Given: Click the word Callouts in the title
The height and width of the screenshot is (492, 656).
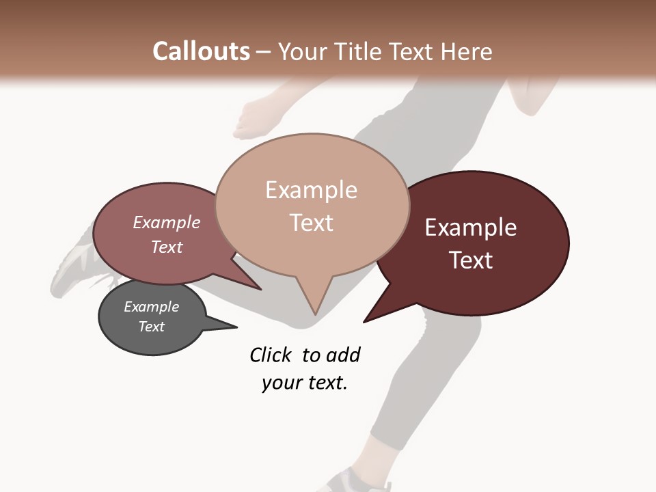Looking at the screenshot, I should click(201, 51).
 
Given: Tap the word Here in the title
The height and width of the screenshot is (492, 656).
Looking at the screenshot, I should click(467, 52).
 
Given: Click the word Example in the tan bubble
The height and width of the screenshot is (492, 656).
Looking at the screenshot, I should click(311, 190).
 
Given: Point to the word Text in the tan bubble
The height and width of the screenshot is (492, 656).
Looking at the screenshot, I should click(312, 223).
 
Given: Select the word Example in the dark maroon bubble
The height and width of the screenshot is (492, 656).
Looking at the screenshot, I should click(471, 228).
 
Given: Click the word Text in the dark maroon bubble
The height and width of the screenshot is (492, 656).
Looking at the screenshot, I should click(471, 260).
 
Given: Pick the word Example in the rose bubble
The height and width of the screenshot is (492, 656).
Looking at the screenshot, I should click(166, 223).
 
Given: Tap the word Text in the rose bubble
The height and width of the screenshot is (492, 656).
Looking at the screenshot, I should click(167, 247).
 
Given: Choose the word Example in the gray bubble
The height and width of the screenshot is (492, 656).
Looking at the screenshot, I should click(151, 307).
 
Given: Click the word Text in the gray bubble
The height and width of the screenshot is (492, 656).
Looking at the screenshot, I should click(152, 327).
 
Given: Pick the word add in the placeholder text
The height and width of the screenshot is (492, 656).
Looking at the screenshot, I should click(343, 355).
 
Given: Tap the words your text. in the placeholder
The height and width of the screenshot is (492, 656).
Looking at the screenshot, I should click(305, 383).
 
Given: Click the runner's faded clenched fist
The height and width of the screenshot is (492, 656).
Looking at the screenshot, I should click(253, 116).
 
